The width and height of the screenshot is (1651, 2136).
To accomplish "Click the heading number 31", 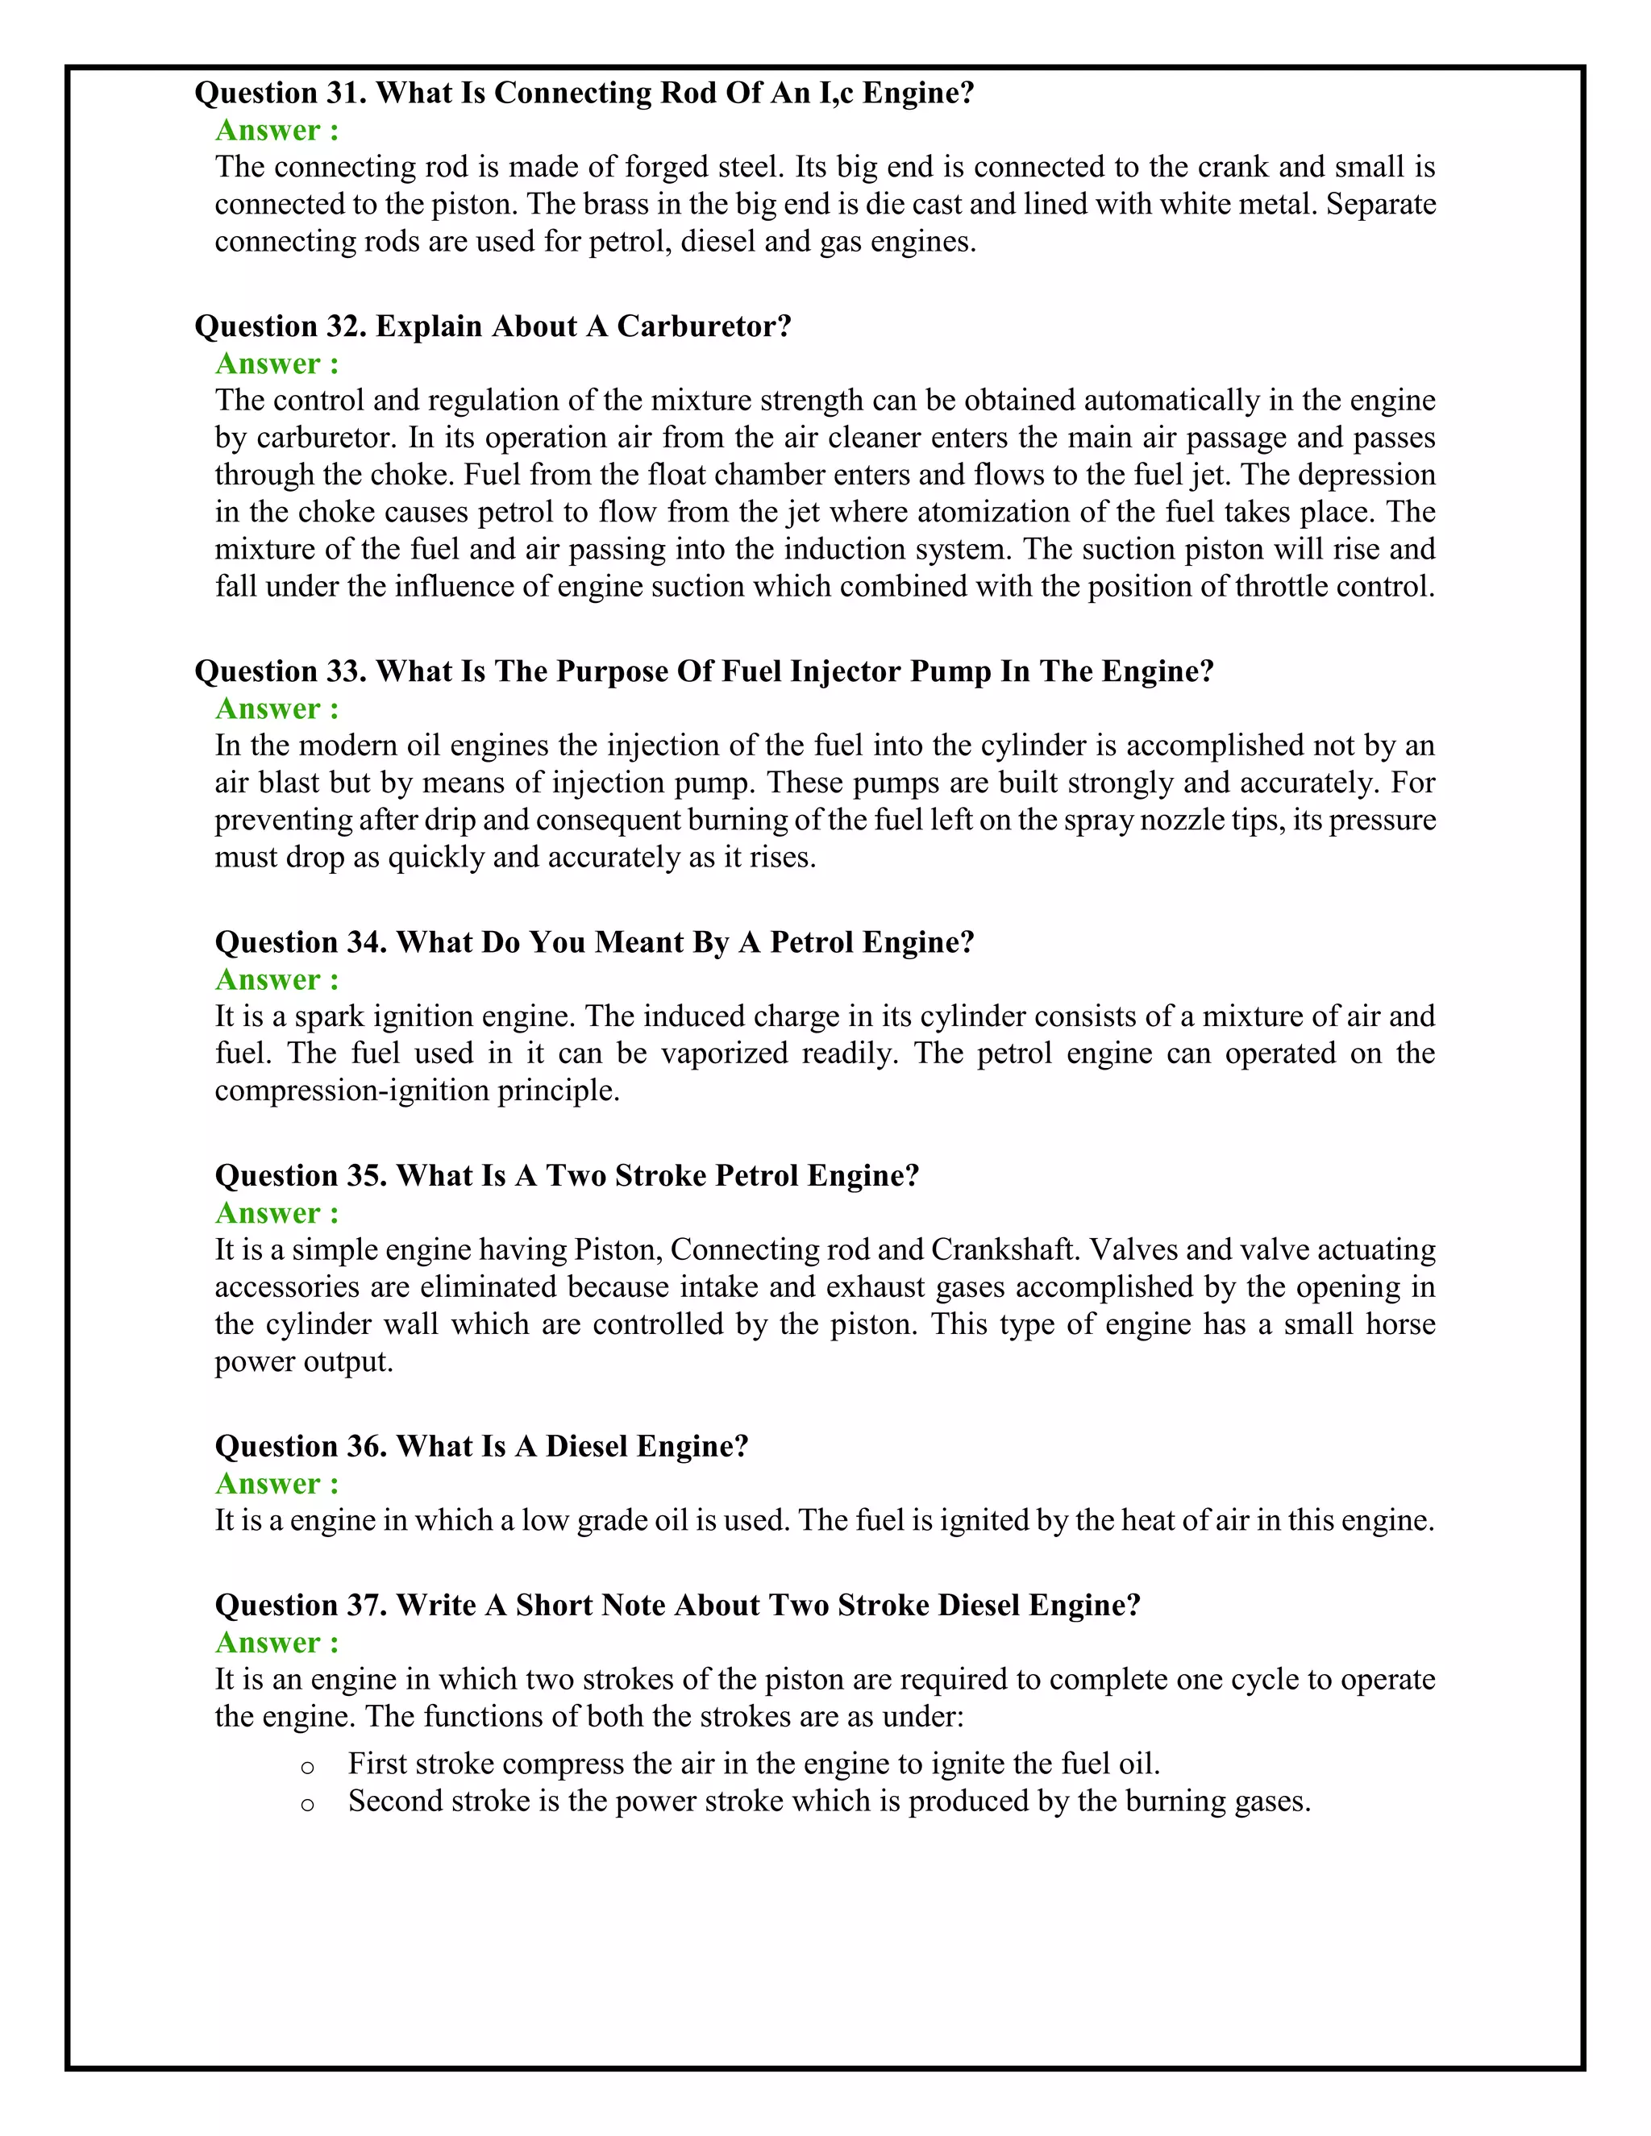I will click(x=345, y=93).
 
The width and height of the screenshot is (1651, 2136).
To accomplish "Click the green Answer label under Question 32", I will click(x=277, y=364).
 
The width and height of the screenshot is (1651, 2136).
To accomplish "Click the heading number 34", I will click(x=366, y=943).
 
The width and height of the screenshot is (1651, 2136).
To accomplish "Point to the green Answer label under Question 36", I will click(x=277, y=1485).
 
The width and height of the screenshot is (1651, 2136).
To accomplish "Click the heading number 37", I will click(x=366, y=1606).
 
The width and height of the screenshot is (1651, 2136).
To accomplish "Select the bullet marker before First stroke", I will click(x=307, y=1766).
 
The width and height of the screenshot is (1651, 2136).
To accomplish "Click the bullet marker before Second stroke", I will click(x=307, y=1803).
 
